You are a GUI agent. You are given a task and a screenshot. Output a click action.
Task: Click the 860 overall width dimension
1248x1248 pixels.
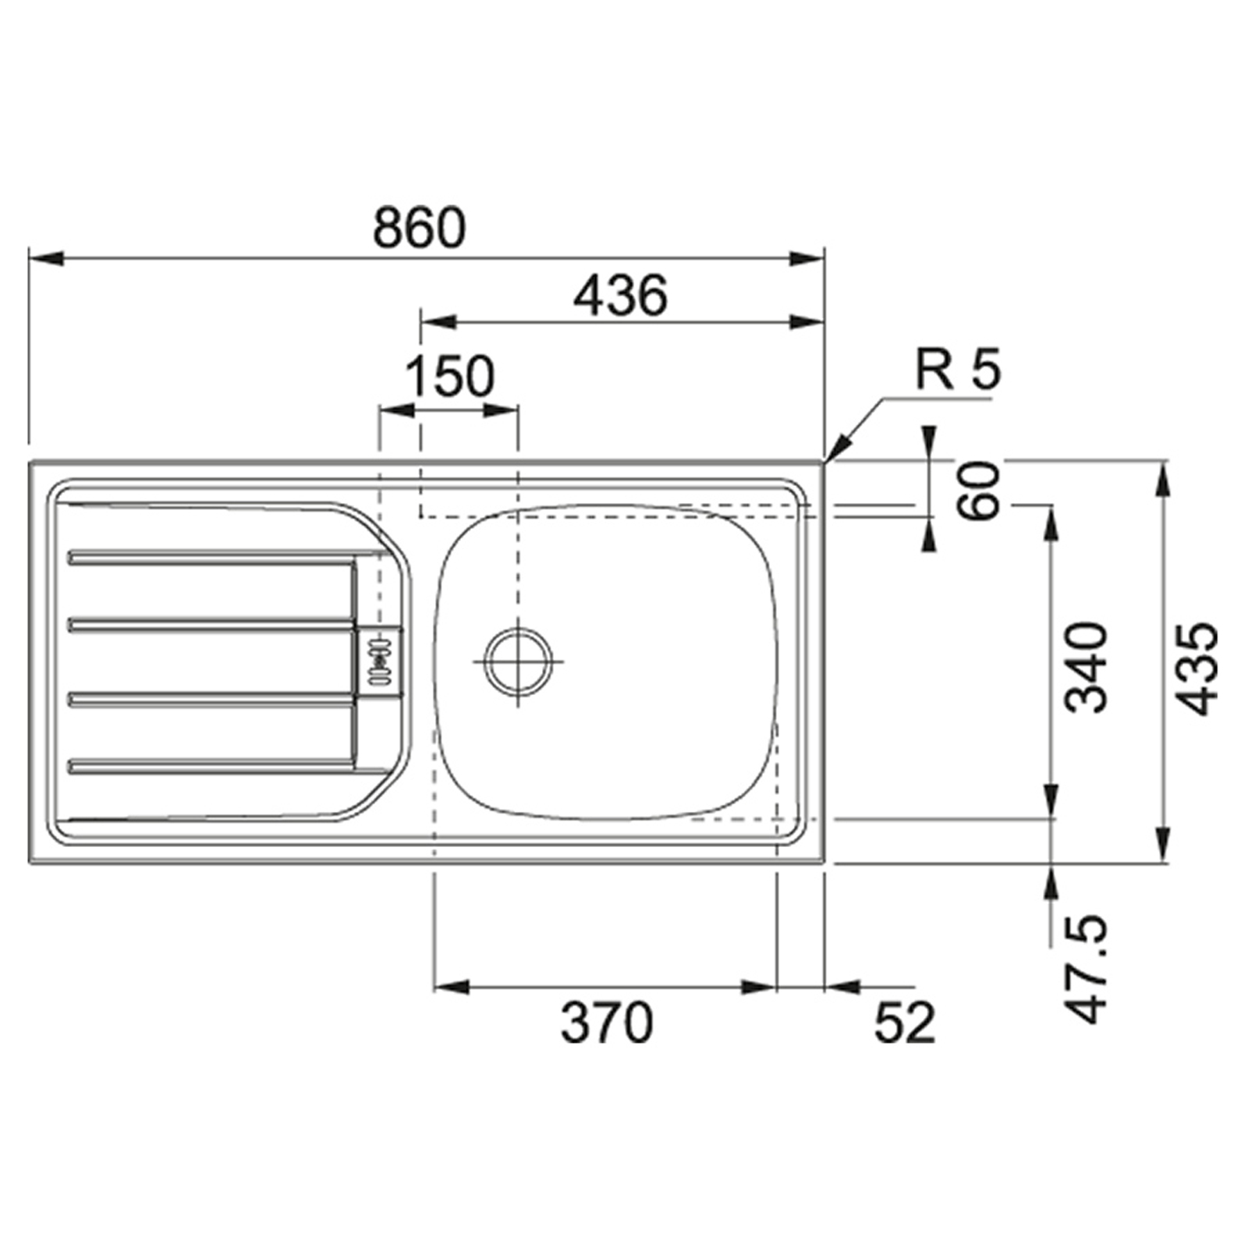click(419, 228)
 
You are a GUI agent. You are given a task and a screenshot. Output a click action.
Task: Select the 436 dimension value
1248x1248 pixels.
click(621, 296)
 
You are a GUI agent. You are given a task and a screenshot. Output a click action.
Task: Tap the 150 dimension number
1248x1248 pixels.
click(450, 377)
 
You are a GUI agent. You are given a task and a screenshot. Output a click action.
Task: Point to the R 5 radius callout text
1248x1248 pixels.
click(957, 369)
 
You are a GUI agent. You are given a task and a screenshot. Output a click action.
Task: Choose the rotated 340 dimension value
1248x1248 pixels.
click(1087, 667)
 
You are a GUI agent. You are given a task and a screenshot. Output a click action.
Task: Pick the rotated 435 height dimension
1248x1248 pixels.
click(1197, 668)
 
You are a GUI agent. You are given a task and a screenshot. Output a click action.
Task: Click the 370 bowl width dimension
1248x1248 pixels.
click(607, 1023)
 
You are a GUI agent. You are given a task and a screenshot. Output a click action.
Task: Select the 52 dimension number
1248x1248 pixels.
click(904, 1023)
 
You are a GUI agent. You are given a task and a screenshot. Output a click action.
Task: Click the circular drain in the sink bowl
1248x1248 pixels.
click(518, 661)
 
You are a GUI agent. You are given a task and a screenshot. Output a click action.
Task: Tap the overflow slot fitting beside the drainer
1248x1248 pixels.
click(380, 660)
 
